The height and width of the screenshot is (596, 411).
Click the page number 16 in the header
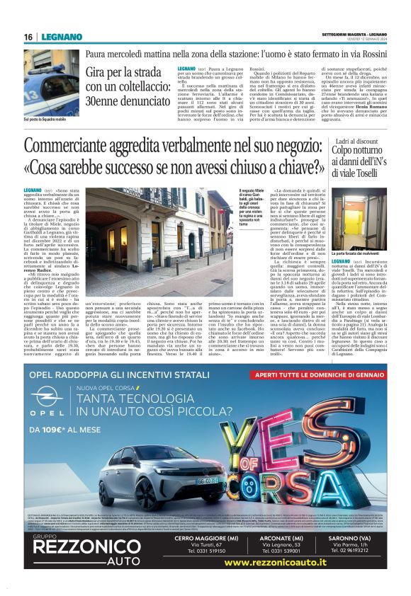[28, 37]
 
